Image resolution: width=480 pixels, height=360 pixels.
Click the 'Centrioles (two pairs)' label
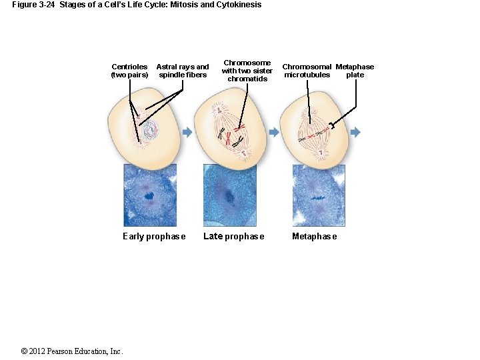tap(129, 71)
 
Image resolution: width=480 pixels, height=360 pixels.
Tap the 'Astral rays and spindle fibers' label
tap(182, 71)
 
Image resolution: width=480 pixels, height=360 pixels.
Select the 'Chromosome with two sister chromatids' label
tap(247, 71)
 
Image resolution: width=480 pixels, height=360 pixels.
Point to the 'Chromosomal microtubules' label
tap(307, 71)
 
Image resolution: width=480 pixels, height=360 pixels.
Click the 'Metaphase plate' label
tap(355, 71)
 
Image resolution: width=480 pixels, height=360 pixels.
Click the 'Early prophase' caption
tap(154, 237)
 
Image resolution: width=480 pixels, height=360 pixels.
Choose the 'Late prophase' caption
tap(233, 237)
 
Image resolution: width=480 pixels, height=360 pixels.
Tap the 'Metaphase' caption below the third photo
tap(314, 237)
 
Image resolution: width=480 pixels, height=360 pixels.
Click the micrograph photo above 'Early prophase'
tap(150, 195)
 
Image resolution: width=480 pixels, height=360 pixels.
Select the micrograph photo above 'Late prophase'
tap(229, 195)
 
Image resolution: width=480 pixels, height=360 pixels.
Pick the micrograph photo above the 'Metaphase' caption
tap(319, 195)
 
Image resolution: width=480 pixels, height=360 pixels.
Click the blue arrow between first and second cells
tap(187, 133)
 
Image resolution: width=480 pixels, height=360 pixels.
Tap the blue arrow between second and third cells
tap(273, 133)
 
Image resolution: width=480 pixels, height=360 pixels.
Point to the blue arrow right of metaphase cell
tap(355, 133)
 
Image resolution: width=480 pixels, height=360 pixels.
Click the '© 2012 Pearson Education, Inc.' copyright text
tap(72, 351)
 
